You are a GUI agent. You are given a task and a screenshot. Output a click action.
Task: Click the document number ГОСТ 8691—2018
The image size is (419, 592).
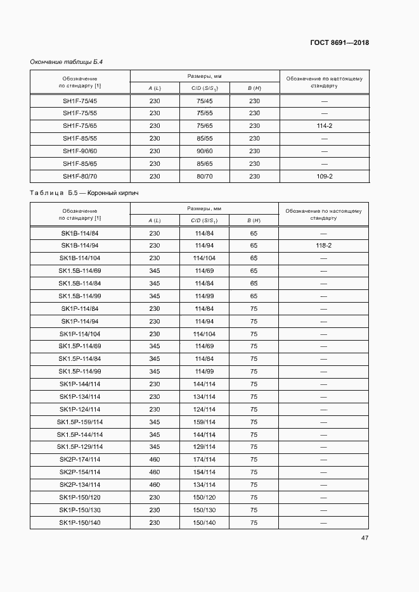[x=340, y=42]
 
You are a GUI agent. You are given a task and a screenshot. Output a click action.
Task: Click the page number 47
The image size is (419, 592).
[x=365, y=538]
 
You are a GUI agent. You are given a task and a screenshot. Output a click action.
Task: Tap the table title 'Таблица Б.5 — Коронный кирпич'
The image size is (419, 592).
[x=84, y=192]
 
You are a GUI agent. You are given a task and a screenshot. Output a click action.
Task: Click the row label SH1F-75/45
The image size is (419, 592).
[x=80, y=101]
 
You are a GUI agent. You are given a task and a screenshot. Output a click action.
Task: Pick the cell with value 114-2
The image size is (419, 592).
[x=324, y=126]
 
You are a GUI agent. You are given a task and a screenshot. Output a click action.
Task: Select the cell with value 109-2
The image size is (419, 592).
[x=324, y=176]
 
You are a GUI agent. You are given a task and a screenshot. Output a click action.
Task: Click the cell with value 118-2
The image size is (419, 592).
[x=324, y=246]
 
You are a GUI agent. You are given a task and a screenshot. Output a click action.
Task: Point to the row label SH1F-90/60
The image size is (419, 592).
[x=80, y=151]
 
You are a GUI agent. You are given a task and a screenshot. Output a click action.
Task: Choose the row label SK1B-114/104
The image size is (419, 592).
[x=80, y=258]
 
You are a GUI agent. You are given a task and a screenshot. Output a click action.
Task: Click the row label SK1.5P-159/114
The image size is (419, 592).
[x=80, y=422]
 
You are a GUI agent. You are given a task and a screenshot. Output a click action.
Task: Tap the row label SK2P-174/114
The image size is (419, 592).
[x=80, y=460]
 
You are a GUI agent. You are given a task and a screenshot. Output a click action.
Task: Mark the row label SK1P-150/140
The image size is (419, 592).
[x=80, y=522]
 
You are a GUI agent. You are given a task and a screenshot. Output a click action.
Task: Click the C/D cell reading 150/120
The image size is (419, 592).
[x=204, y=497]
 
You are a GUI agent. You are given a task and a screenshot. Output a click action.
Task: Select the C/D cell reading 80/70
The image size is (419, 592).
[x=204, y=176]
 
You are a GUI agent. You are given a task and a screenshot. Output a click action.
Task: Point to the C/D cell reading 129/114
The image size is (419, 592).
[x=204, y=447]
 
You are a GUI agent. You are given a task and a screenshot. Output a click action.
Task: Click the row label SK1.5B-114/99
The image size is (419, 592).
[x=80, y=296]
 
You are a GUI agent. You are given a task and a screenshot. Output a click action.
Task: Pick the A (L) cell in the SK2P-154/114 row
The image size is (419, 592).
[x=155, y=472]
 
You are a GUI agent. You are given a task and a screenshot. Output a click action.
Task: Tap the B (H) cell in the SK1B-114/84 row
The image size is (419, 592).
[x=254, y=233]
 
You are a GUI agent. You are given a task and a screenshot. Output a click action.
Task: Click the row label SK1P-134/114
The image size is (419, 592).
[x=80, y=396]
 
